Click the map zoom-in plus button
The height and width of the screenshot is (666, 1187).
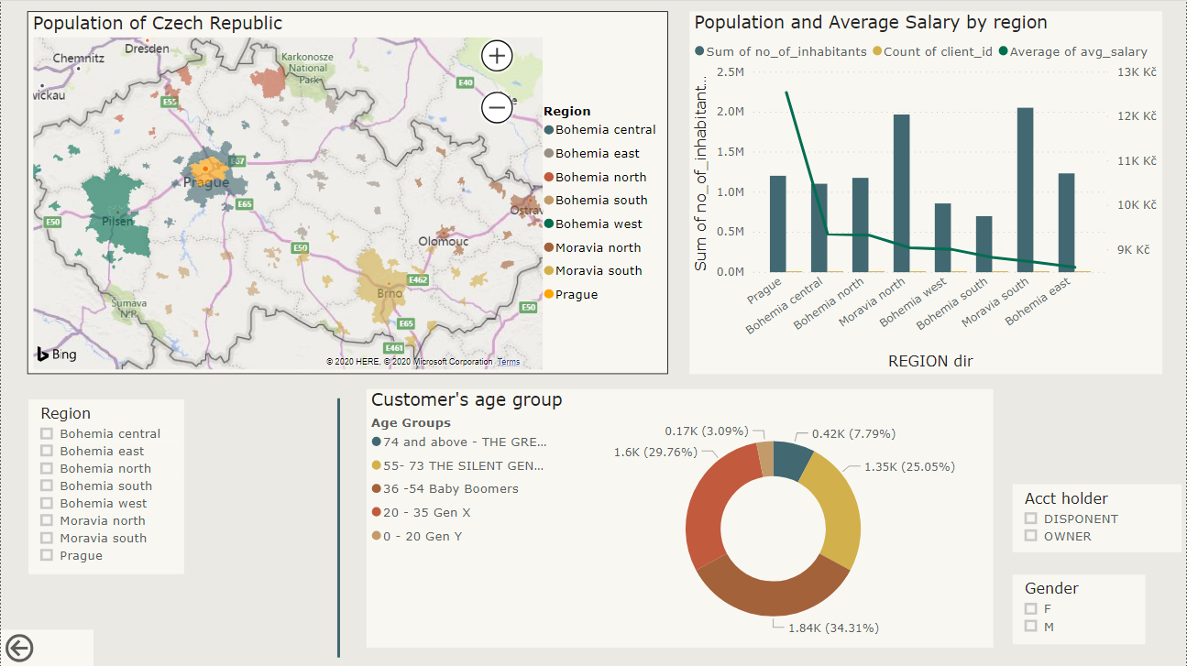click(497, 56)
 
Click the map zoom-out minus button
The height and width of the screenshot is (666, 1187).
click(497, 108)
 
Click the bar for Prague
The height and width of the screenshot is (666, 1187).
click(777, 224)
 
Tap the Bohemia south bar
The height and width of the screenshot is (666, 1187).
click(984, 244)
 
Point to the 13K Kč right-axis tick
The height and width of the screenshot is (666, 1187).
click(1135, 72)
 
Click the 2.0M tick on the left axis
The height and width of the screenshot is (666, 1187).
click(731, 112)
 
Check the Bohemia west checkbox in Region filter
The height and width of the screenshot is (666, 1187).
click(47, 503)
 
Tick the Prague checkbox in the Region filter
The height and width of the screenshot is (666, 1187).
click(47, 555)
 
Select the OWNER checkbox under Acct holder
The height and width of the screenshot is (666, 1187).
click(1031, 536)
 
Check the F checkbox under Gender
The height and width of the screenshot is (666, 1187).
click(1031, 608)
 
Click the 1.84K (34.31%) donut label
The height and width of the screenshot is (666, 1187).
click(833, 628)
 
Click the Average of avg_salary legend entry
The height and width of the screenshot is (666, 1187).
click(1079, 52)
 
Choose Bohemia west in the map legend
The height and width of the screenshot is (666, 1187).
click(598, 224)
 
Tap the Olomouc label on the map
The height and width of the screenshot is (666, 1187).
click(444, 242)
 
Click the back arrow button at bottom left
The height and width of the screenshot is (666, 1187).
click(19, 649)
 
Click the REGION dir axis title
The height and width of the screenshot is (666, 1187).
click(930, 361)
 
